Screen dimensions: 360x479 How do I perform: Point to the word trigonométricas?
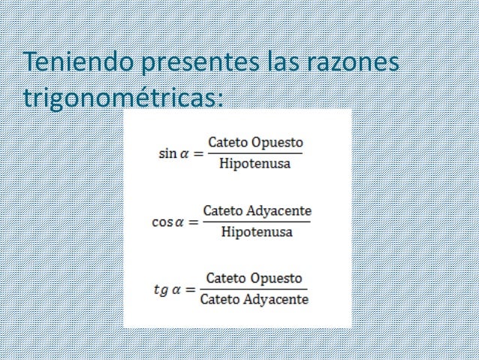point(124,98)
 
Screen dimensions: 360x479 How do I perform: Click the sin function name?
point(167,153)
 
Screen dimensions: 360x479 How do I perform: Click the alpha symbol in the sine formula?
point(184,154)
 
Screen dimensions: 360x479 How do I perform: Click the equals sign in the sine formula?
point(198,154)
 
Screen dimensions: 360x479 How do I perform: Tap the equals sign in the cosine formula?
point(195,223)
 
